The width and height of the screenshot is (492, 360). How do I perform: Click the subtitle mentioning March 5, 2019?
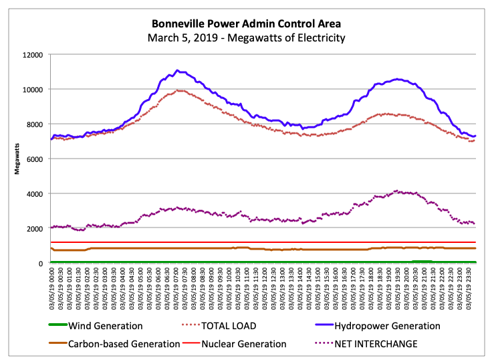click(246, 38)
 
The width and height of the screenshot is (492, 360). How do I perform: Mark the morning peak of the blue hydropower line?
click(177, 70)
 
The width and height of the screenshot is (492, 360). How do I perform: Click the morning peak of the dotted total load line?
click(178, 90)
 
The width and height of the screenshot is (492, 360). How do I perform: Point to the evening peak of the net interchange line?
click(398, 191)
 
